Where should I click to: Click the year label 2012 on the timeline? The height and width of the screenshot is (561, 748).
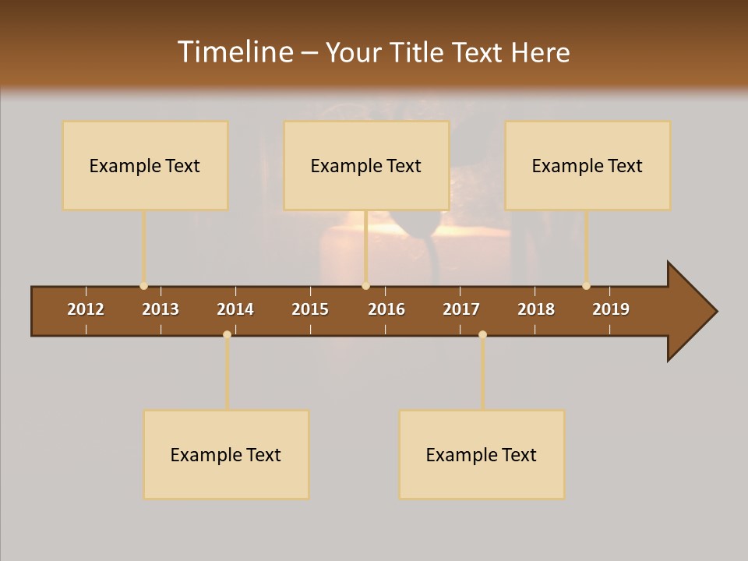tap(86, 309)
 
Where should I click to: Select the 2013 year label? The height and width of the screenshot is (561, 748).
tap(161, 309)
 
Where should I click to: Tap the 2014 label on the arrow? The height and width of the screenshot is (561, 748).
tap(235, 309)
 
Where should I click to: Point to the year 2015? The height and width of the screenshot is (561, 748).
tap(310, 309)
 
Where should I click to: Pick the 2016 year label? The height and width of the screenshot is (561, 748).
tap(386, 309)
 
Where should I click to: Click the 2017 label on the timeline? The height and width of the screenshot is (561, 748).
tap(461, 309)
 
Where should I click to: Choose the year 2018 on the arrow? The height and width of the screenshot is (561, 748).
tap(536, 309)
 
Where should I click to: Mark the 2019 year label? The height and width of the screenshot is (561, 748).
tap(611, 309)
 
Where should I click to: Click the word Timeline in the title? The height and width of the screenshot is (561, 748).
tap(235, 52)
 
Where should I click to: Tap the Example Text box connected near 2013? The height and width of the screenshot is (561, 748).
tap(145, 165)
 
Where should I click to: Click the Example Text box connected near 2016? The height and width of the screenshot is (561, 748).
tap(366, 165)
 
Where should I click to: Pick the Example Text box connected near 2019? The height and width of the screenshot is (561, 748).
tap(587, 165)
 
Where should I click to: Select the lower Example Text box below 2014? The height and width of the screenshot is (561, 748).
tap(226, 454)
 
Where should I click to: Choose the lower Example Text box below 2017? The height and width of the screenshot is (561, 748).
tap(482, 454)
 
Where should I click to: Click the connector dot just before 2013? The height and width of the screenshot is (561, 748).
tap(143, 286)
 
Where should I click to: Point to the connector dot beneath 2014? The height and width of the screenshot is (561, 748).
tap(227, 334)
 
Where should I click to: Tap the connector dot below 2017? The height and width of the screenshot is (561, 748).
tap(482, 334)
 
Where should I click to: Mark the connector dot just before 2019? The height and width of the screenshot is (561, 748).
tap(586, 286)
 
